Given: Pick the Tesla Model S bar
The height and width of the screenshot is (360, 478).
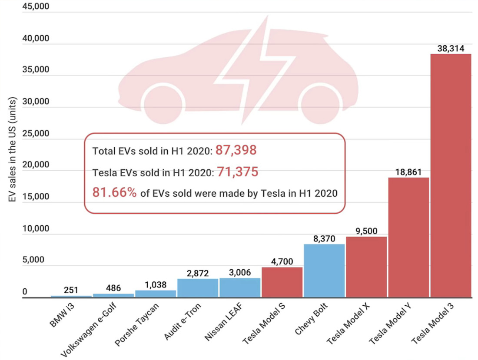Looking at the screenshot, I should [x=282, y=282].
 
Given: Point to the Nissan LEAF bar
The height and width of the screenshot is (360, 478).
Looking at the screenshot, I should [x=240, y=288].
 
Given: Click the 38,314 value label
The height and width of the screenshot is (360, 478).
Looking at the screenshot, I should [x=451, y=49].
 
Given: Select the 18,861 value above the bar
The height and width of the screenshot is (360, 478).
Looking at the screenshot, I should [x=408, y=172].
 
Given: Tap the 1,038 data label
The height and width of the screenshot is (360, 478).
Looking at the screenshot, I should [x=156, y=284].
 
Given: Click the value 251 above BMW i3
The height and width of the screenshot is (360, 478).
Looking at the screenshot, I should [x=71, y=291].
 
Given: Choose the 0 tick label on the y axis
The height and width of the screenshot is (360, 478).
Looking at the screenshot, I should [x=25, y=292].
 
